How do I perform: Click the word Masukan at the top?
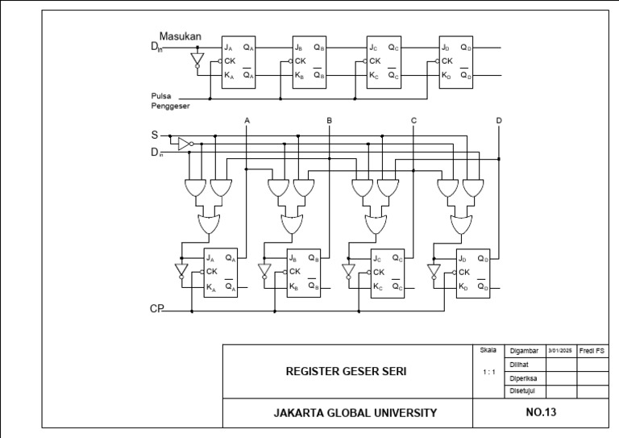180,36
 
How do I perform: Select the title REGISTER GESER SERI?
346,372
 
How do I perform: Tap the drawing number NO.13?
540,412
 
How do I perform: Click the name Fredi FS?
592,351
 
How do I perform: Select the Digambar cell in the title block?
525,352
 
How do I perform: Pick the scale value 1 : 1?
488,372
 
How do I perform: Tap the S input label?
155,136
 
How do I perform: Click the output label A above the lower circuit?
247,121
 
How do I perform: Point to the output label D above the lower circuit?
499,121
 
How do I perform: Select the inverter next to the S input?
184,144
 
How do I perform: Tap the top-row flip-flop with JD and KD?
455,61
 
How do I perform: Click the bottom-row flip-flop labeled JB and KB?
303,273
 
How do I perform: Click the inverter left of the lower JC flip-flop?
348,270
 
